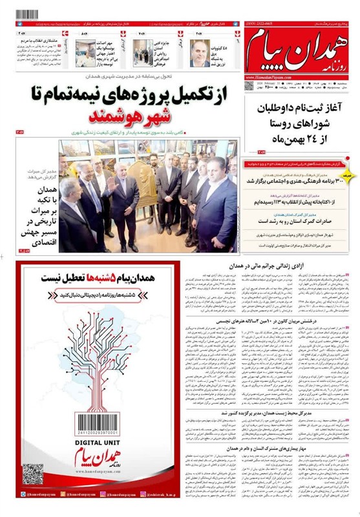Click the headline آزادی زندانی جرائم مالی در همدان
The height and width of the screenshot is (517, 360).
[263, 266]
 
